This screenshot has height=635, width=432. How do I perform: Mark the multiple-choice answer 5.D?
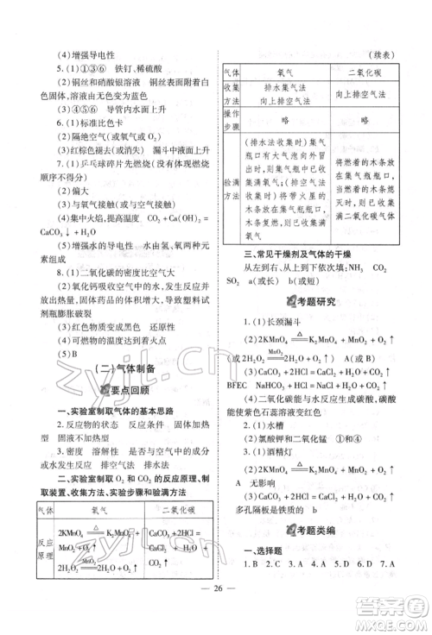[x=338, y=565]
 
